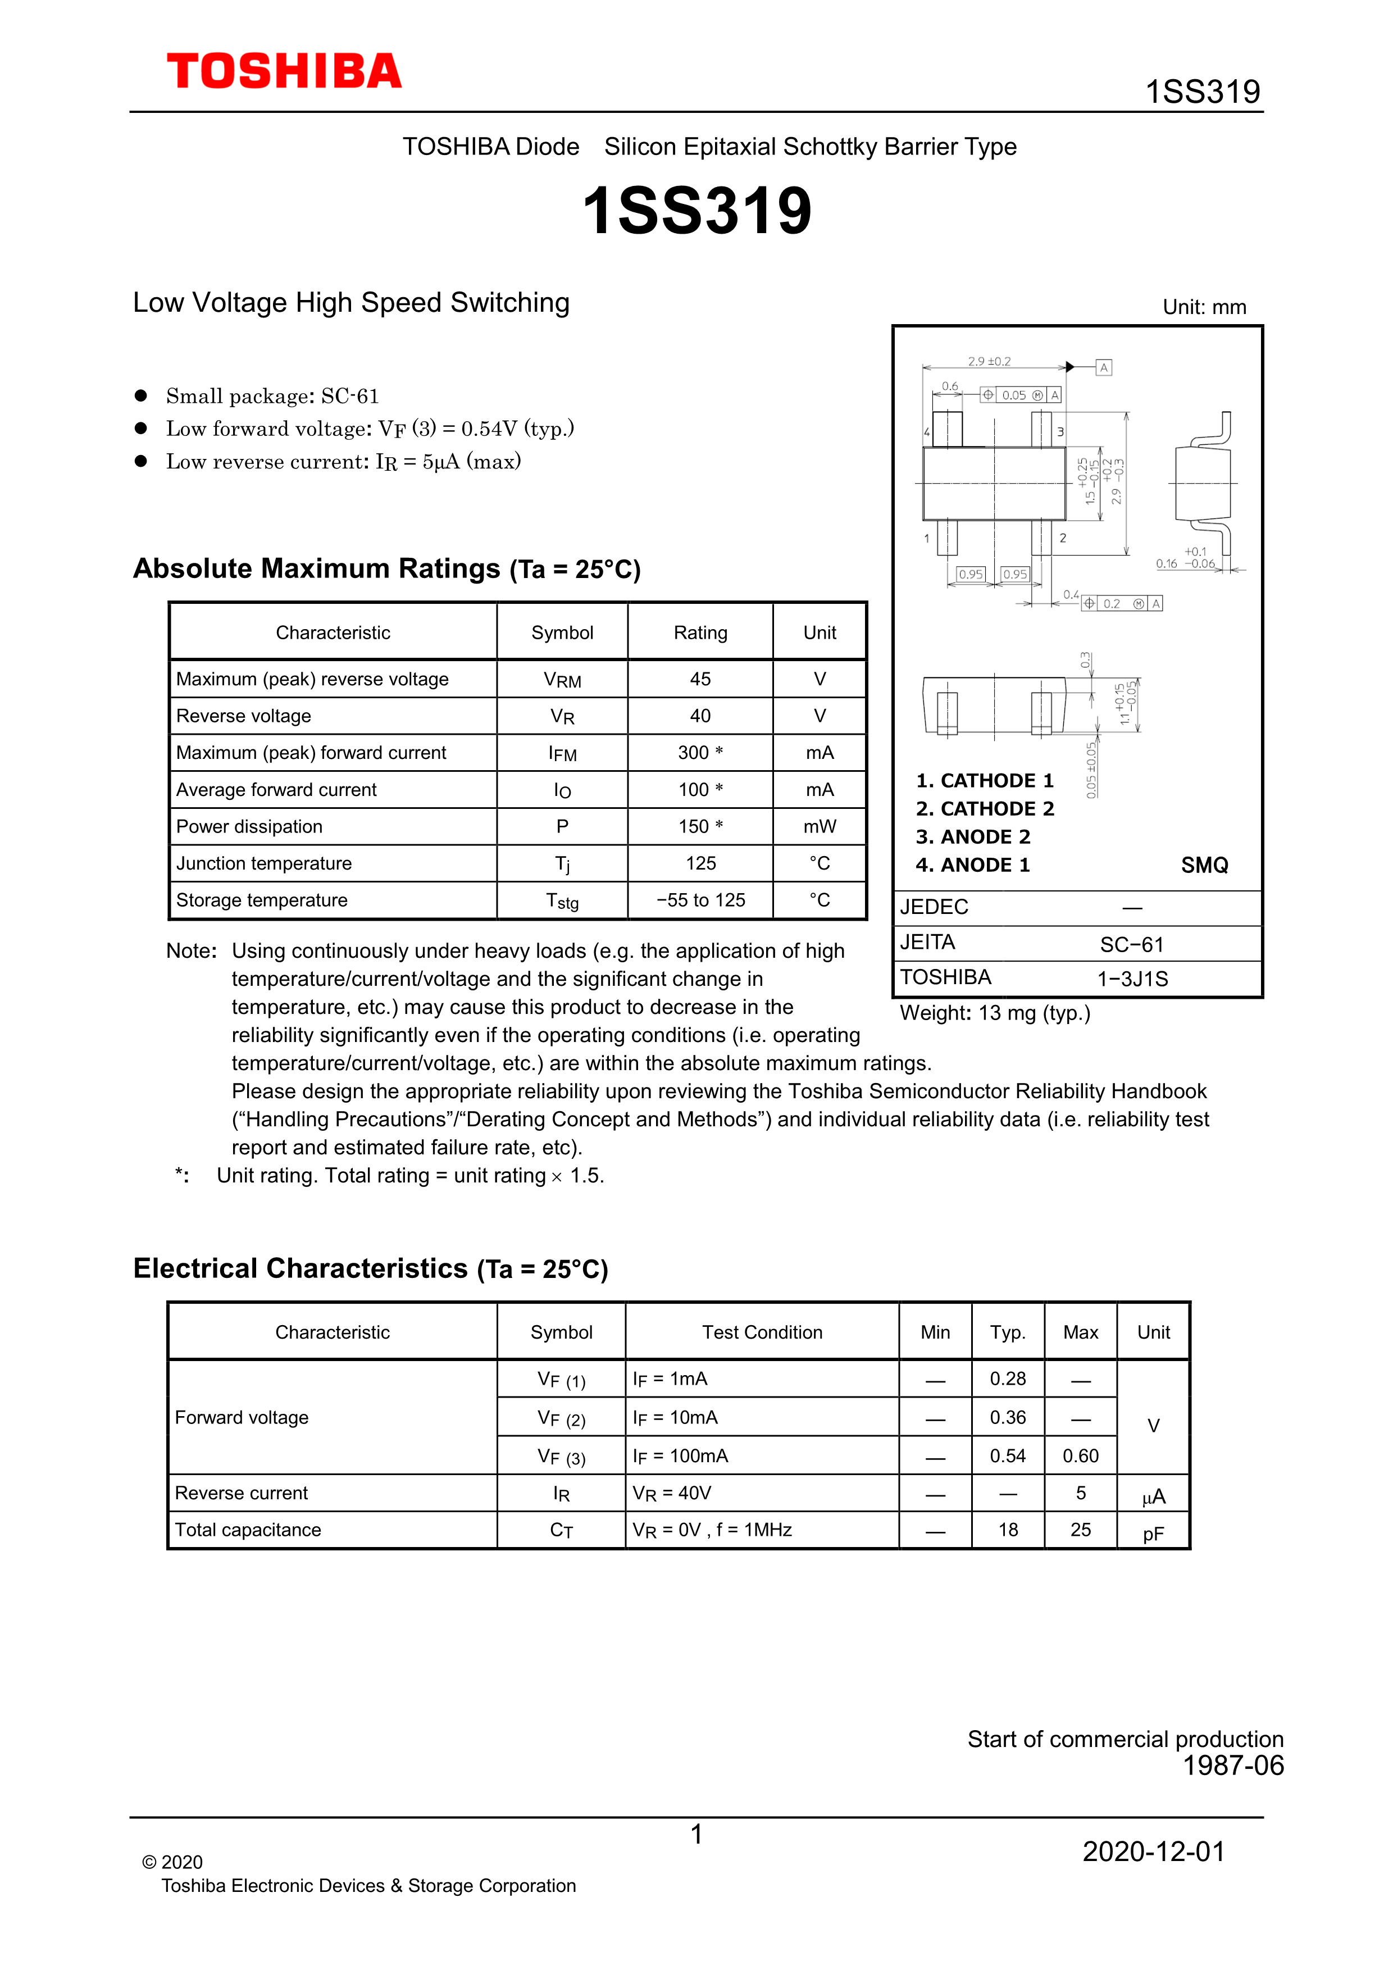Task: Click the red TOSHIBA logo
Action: coord(284,71)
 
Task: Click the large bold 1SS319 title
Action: coord(696,211)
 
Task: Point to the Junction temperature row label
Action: coord(263,863)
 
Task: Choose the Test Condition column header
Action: coord(762,1332)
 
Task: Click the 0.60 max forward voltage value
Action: coord(1080,1455)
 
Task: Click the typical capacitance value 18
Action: coord(1008,1530)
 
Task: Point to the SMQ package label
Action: coord(1204,865)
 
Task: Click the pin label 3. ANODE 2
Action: coord(973,836)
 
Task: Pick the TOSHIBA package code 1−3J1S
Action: coord(1132,979)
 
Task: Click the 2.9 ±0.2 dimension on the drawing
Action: coord(989,361)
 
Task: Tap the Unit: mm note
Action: coord(1204,307)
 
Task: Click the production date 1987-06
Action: coord(1232,1765)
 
